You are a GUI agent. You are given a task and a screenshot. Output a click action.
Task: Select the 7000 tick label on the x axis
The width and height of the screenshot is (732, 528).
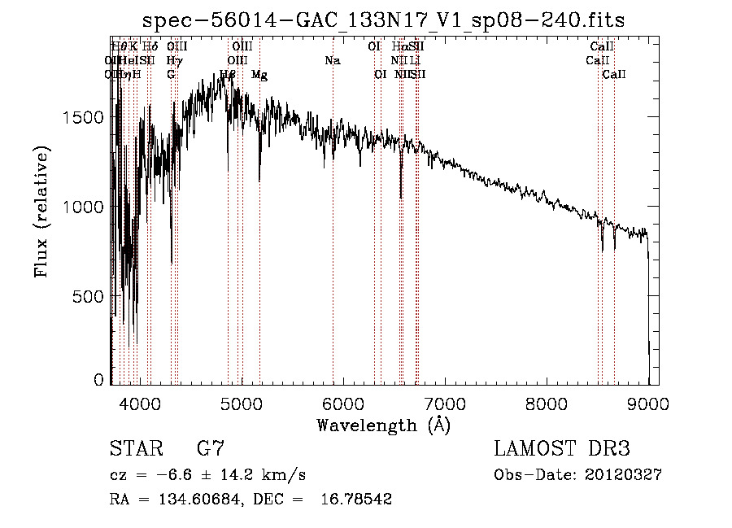pos(445,403)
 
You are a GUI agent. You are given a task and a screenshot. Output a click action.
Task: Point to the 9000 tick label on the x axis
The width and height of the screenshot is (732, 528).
pos(648,403)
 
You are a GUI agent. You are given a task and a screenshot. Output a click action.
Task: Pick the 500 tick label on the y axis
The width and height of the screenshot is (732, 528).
pos(89,297)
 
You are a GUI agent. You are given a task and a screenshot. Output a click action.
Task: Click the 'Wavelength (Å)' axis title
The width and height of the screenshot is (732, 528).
pos(383,425)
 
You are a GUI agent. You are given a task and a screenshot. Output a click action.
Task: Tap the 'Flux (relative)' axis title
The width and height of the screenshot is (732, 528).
pos(41,212)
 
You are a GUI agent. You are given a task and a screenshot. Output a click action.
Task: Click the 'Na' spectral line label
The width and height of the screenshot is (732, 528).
pos(332,61)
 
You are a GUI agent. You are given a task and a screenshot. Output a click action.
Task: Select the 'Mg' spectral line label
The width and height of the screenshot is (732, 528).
pos(259,75)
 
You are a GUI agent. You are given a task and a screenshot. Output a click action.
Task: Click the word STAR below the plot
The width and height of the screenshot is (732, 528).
pos(133,449)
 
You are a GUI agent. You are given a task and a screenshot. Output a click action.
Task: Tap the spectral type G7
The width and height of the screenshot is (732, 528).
pos(210,449)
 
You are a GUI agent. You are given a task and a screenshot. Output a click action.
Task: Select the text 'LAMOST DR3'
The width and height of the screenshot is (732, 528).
pos(562,449)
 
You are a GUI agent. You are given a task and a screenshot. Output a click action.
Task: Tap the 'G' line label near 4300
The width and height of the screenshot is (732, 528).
pos(171,75)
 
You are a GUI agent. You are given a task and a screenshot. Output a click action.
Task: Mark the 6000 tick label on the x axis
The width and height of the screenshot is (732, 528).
pos(343,403)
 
